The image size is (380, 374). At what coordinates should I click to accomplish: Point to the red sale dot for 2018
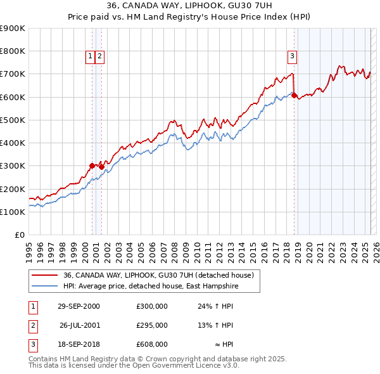click(x=294, y=95)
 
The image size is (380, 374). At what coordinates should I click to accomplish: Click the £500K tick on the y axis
click(x=13, y=120)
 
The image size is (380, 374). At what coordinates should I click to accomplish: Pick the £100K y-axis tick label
click(x=13, y=212)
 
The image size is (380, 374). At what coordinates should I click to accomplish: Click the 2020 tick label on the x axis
click(x=308, y=250)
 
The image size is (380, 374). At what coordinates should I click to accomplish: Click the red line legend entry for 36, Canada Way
click(x=158, y=275)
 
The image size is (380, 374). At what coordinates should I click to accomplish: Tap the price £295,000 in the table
click(x=152, y=325)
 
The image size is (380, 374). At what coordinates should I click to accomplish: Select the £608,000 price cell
click(x=152, y=344)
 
